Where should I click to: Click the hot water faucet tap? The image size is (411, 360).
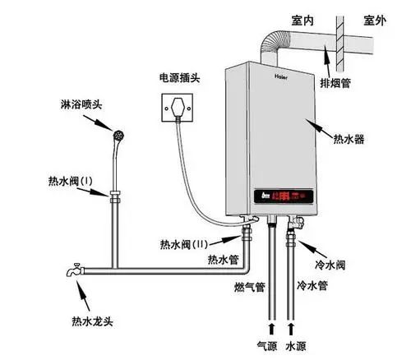(73, 269)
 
